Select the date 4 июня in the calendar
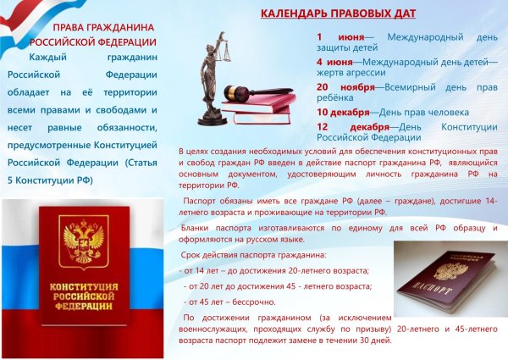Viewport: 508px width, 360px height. click(x=336, y=62)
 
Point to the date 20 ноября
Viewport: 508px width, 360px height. click(x=344, y=86)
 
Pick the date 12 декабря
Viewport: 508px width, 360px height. click(x=347, y=127)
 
